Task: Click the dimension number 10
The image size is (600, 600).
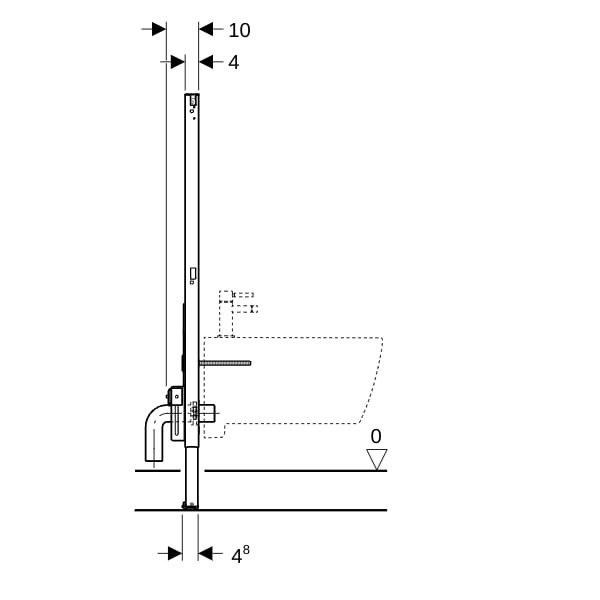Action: click(239, 30)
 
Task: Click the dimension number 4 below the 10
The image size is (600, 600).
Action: click(233, 62)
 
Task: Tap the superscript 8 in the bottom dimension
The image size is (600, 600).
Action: click(246, 550)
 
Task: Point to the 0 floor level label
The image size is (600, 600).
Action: click(376, 436)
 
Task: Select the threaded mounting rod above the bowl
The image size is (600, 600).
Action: click(225, 363)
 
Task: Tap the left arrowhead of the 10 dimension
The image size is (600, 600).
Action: click(159, 29)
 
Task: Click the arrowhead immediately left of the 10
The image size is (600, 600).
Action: click(206, 29)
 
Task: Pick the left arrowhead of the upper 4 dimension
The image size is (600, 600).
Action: click(178, 62)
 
